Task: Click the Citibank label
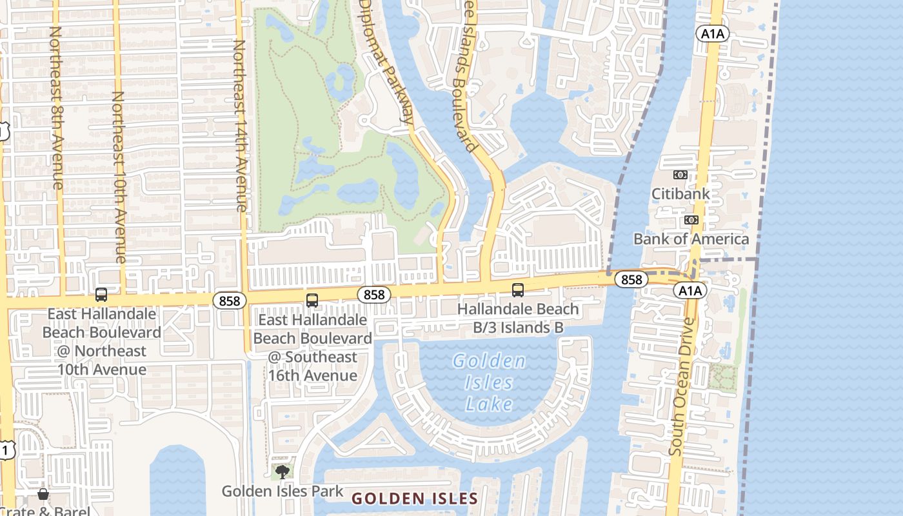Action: click(x=680, y=193)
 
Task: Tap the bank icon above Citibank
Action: click(x=680, y=175)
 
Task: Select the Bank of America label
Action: click(x=691, y=239)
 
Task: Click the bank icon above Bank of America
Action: click(x=691, y=220)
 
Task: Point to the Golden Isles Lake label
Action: click(x=489, y=382)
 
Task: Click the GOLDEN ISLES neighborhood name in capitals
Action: click(x=415, y=499)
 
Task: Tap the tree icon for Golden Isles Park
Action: click(x=282, y=471)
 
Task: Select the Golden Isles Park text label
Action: click(x=283, y=491)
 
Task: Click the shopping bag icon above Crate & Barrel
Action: click(x=43, y=494)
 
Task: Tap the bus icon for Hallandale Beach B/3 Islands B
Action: click(x=518, y=290)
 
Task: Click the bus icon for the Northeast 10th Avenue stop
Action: click(x=101, y=295)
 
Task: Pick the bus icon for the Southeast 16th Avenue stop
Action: click(x=312, y=300)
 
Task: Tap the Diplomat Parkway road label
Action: click(x=386, y=61)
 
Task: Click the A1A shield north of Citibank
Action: click(x=712, y=34)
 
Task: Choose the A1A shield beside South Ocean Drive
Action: click(x=690, y=291)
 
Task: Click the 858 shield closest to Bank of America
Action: click(x=631, y=279)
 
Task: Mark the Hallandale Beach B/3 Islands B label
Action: click(x=518, y=318)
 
